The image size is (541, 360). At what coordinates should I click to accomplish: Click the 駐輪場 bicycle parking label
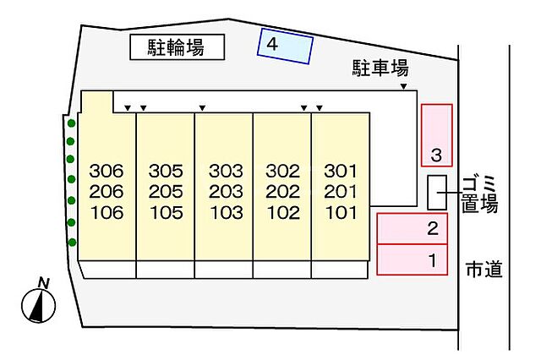176,47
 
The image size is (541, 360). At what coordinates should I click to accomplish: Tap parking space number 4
285,46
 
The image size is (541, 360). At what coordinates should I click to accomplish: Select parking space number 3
437,135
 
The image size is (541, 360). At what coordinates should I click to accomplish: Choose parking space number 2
413,229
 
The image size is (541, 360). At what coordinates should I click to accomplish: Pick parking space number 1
413,259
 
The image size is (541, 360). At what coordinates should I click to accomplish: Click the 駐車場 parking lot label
380,68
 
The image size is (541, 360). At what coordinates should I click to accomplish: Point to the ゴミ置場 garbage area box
438,193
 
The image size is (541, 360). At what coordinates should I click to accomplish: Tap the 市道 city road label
484,270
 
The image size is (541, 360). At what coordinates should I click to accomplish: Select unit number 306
107,171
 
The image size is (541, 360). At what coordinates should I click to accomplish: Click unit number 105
167,213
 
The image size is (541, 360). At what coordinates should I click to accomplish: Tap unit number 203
226,192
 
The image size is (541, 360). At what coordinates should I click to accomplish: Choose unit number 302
283,171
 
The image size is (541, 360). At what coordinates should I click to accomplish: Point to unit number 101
341,213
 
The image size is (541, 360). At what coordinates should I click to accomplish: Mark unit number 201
341,192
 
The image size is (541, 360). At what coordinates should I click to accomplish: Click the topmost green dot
71,123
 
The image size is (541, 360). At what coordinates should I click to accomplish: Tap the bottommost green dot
72,243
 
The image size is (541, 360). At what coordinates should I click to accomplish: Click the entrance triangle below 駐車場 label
403,86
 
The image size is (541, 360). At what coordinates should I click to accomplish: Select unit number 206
107,192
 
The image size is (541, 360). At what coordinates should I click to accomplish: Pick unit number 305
166,171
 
